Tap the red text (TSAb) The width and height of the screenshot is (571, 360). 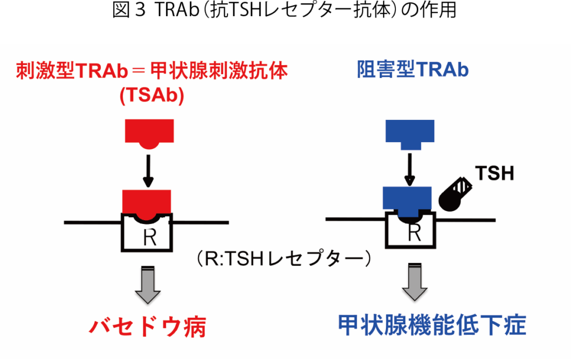click(x=152, y=95)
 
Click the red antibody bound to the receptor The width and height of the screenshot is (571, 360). click(x=147, y=202)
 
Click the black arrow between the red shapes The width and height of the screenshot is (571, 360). click(x=148, y=170)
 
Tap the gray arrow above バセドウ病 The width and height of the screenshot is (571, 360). click(x=148, y=285)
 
